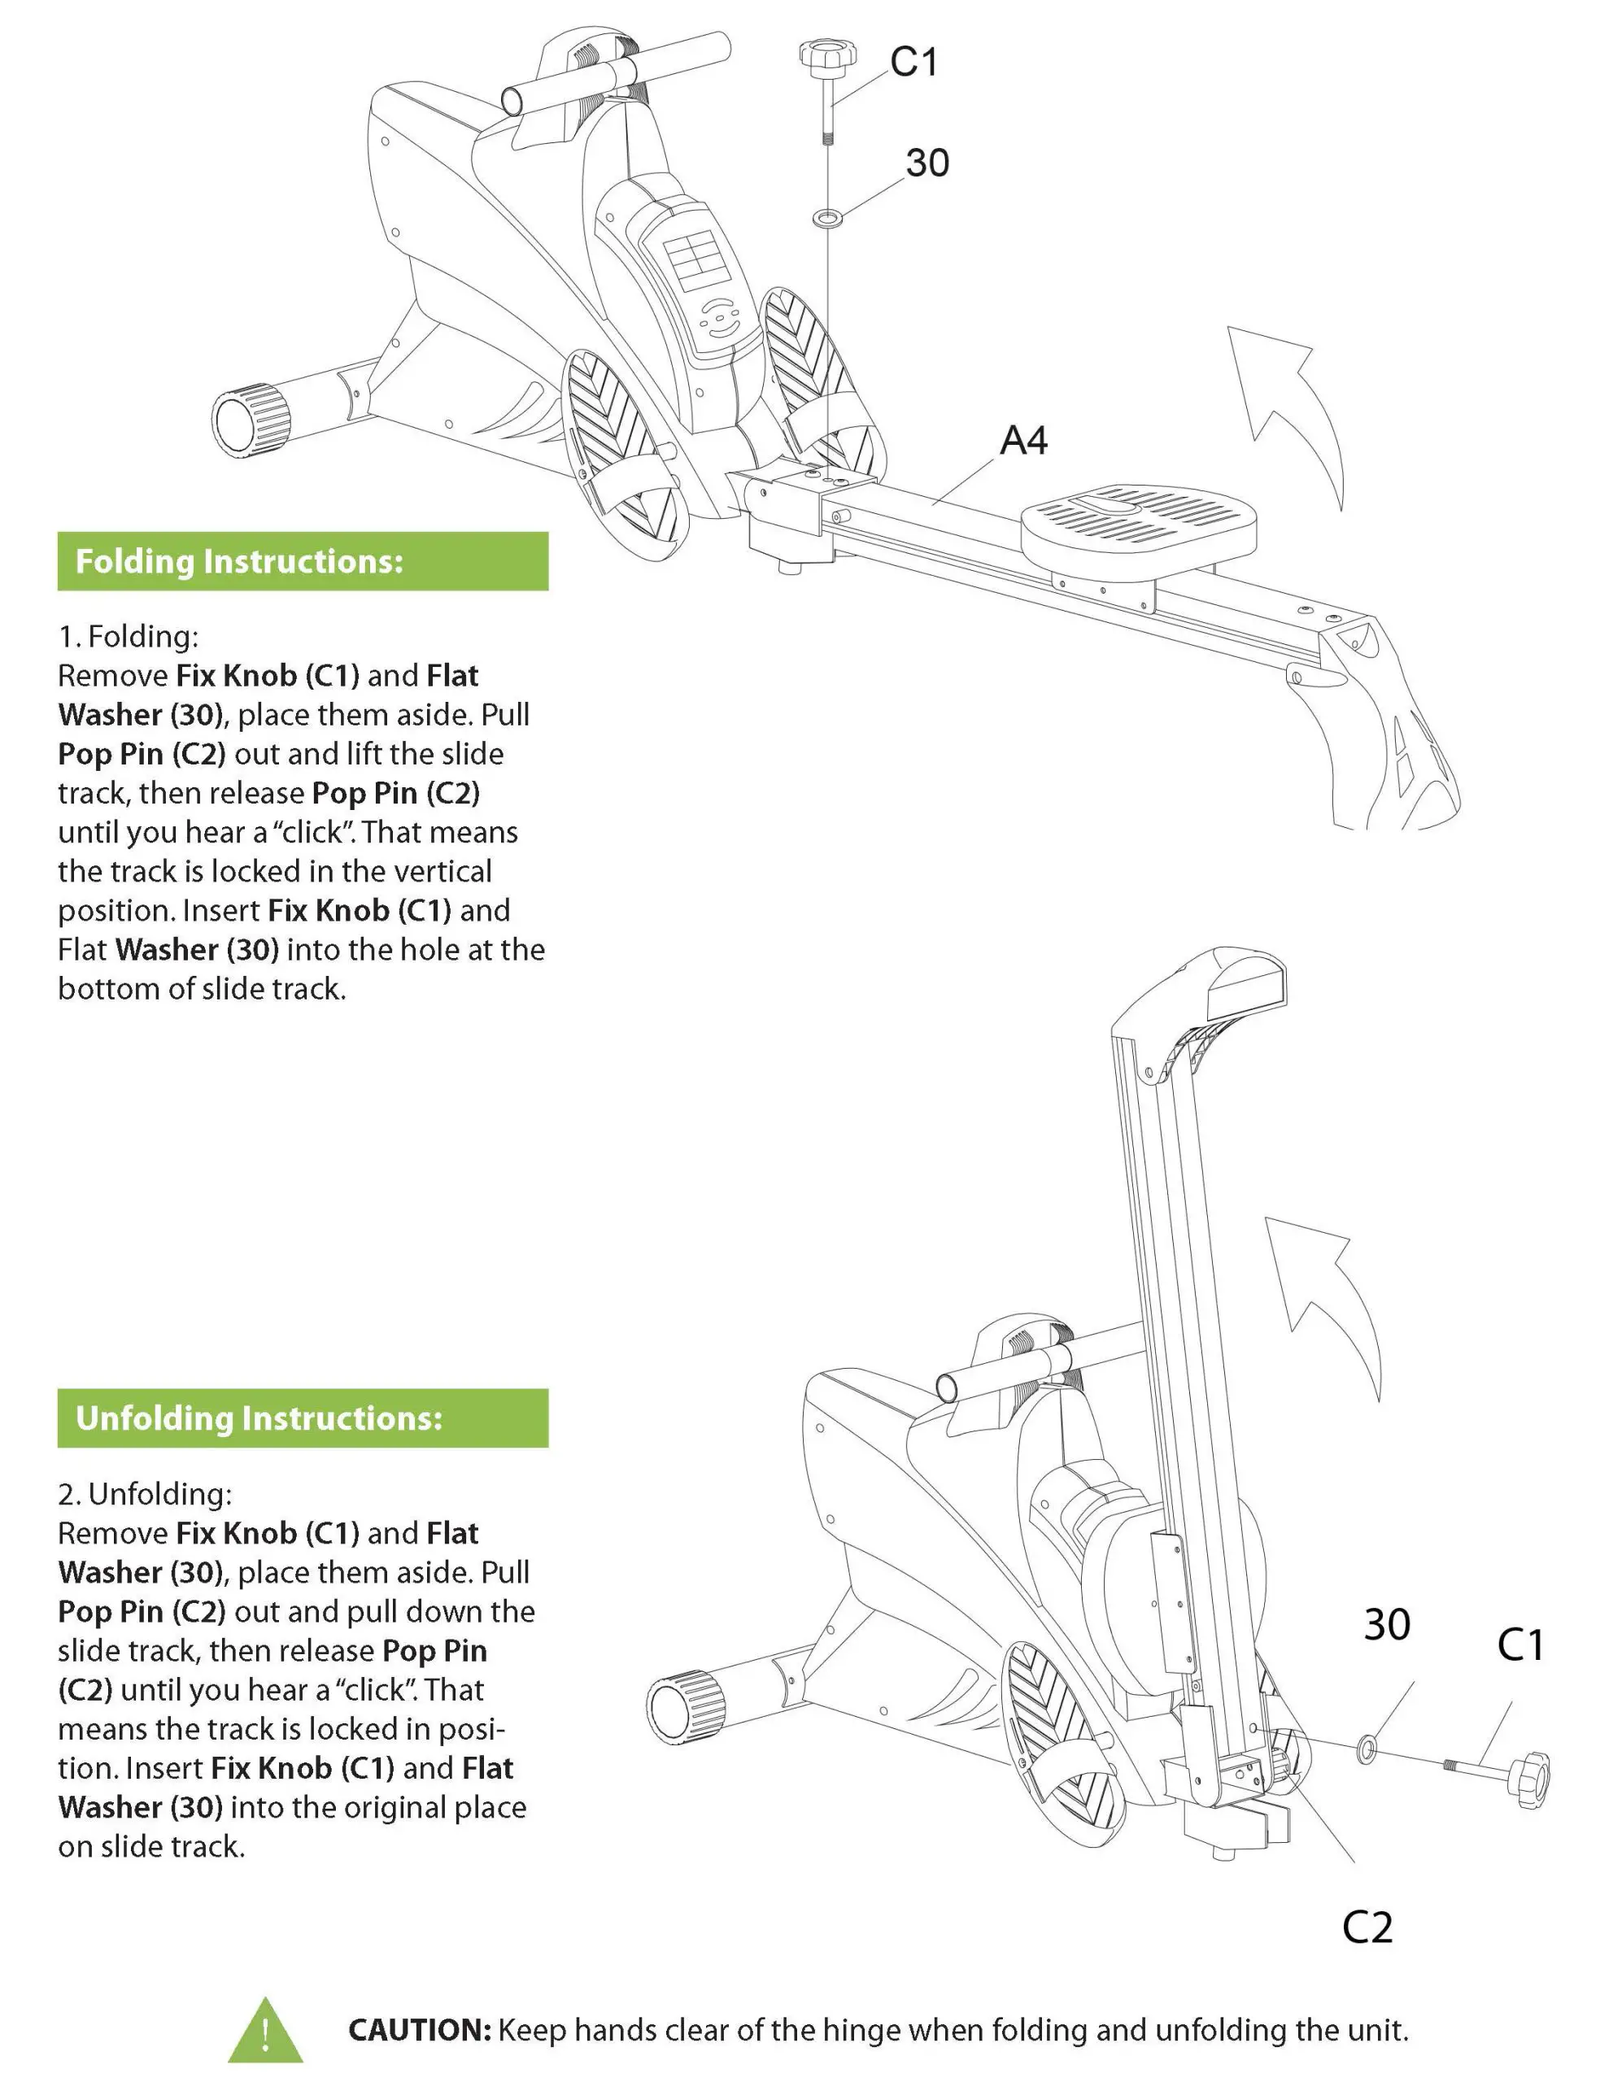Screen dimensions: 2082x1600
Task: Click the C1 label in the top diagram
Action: pyautogui.click(x=913, y=63)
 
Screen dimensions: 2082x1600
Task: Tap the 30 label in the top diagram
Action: pyautogui.click(x=926, y=163)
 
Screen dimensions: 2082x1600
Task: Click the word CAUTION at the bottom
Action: pyautogui.click(x=419, y=2031)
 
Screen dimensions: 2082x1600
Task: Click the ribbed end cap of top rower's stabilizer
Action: pyautogui.click(x=251, y=420)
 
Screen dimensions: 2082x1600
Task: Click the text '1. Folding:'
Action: pyautogui.click(x=129, y=636)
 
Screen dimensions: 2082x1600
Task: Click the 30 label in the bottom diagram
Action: pyautogui.click(x=1386, y=1624)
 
